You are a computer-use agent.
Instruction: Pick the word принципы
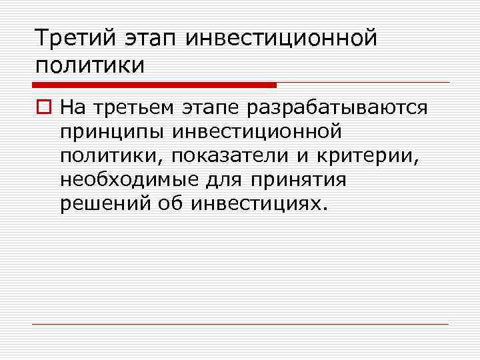pos(112,131)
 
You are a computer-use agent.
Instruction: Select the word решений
pos(105,203)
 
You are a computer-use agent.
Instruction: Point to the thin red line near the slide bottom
pos(240,324)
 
